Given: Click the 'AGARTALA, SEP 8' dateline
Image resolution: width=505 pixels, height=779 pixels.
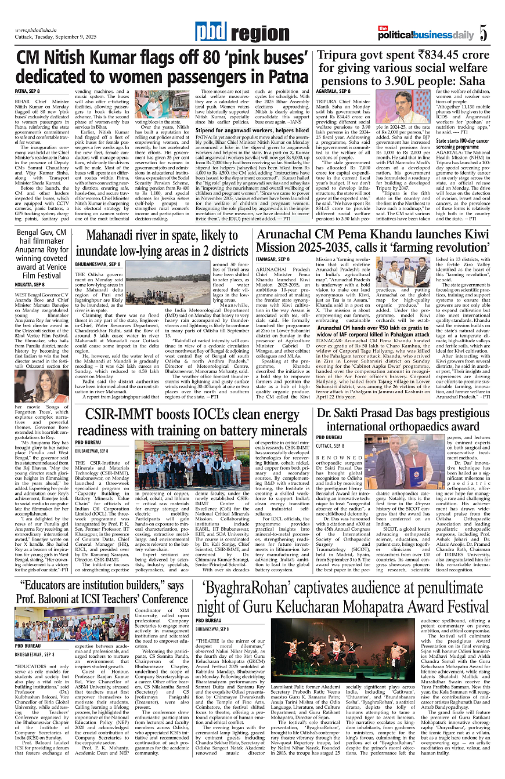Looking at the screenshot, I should (333, 92).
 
